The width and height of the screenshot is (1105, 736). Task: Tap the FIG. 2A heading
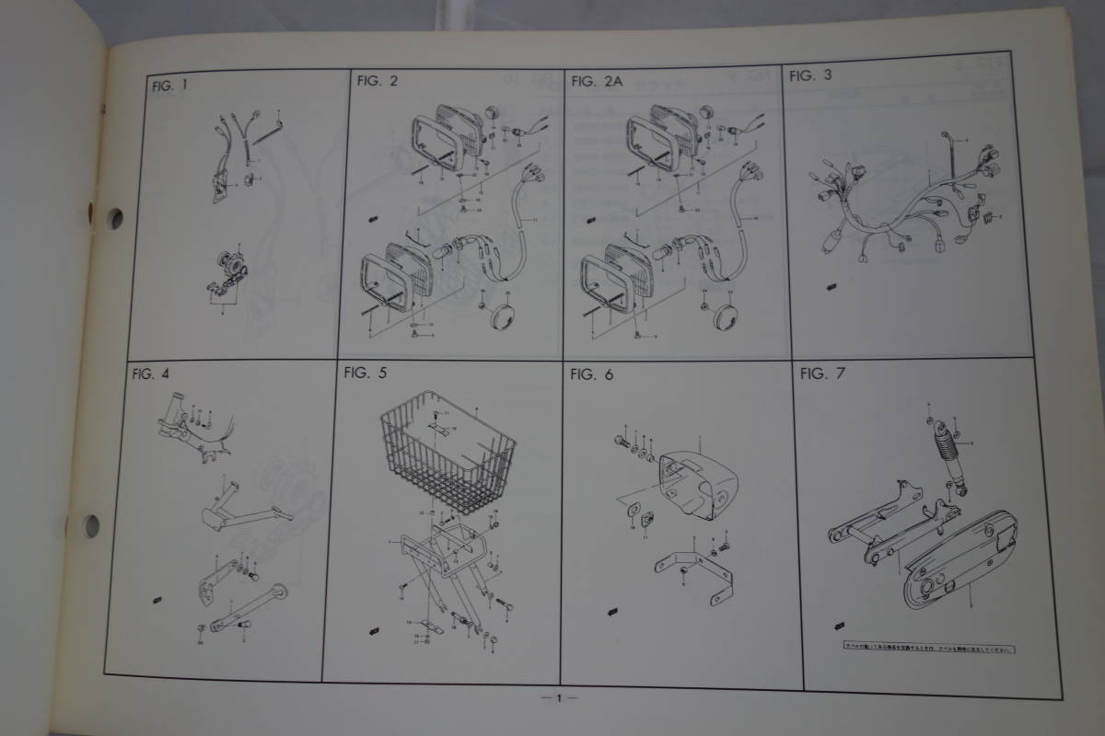click(x=597, y=81)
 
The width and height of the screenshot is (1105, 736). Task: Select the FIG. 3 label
click(x=810, y=77)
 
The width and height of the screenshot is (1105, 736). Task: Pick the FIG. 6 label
click(x=590, y=374)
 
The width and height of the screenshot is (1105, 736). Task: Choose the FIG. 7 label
click(x=823, y=374)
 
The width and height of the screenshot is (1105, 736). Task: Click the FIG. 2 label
click(x=377, y=81)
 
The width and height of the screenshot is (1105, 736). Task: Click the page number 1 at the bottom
click(x=558, y=699)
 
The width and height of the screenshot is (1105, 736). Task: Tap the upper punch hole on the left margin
click(x=115, y=218)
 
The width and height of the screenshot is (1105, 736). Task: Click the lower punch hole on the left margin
click(x=91, y=526)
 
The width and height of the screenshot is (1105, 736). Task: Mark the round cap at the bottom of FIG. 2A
click(x=727, y=314)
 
